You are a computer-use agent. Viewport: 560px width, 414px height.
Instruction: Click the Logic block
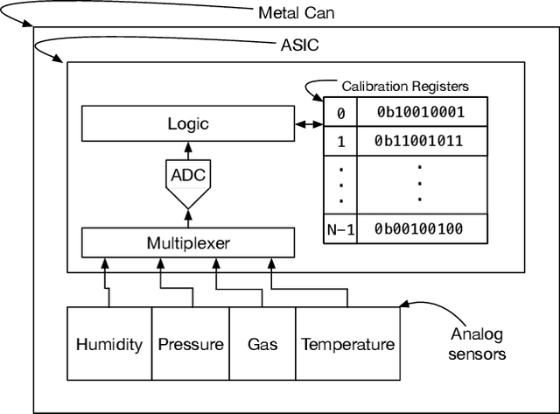pyautogui.click(x=189, y=123)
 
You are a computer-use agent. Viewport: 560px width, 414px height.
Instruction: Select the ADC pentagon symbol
pyautogui.click(x=189, y=177)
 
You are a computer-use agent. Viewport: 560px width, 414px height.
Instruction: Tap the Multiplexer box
pyautogui.click(x=189, y=242)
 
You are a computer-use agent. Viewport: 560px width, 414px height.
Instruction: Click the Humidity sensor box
pyautogui.click(x=109, y=344)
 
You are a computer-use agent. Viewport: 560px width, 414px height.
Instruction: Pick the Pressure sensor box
pyautogui.click(x=191, y=344)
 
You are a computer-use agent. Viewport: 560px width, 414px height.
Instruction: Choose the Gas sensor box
pyautogui.click(x=262, y=344)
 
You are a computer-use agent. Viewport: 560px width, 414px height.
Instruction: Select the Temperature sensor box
pyautogui.click(x=347, y=344)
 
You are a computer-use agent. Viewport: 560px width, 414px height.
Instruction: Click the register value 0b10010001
pyautogui.click(x=420, y=112)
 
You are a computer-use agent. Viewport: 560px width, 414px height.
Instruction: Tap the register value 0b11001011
pyautogui.click(x=420, y=141)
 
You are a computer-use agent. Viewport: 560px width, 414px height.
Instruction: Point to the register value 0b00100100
pyautogui.click(x=420, y=229)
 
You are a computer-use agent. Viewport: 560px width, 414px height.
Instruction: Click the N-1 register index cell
pyautogui.click(x=340, y=229)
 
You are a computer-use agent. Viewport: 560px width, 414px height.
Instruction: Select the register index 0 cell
pyautogui.click(x=340, y=112)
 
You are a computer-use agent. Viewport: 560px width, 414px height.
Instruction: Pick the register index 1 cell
pyautogui.click(x=340, y=141)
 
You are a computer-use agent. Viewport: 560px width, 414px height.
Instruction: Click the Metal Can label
pyautogui.click(x=296, y=13)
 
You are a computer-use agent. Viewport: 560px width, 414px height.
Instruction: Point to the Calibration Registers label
pyautogui.click(x=404, y=86)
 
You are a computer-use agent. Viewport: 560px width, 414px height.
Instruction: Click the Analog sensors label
pyautogui.click(x=478, y=344)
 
